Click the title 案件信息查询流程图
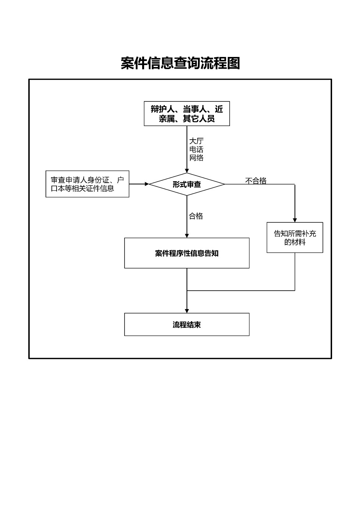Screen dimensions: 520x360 pos(180,63)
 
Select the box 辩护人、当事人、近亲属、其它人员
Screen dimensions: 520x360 pos(187,114)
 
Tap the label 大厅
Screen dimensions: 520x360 pos(196,141)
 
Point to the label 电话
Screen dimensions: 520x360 pos(196,150)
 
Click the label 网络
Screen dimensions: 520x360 pos(196,158)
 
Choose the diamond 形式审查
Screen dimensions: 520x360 pos(187,184)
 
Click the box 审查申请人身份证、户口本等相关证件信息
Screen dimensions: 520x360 pos(87,184)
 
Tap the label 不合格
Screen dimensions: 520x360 pos(256,180)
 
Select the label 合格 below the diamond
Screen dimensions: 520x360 pos(196,216)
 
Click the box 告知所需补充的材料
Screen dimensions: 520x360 pos(295,237)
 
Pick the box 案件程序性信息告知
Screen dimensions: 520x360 pos(187,253)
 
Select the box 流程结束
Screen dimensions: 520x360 pos(187,324)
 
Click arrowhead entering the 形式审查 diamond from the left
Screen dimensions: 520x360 pos(147,184)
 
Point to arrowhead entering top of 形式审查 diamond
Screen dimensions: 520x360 pos(187,171)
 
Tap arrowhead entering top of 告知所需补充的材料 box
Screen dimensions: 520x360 pos(295,220)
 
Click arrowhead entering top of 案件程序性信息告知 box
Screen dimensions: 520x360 pos(187,236)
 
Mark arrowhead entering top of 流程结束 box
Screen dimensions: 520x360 pos(187,311)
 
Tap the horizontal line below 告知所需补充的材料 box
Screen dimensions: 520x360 pos(241,291)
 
